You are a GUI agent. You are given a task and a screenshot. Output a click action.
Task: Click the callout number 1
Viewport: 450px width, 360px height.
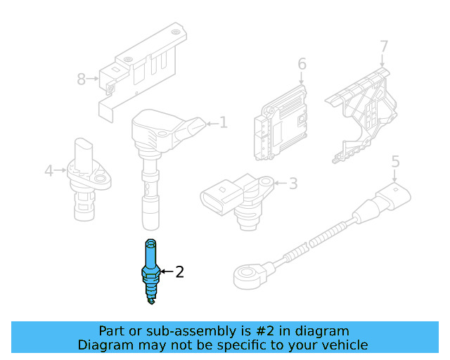[x=224, y=123]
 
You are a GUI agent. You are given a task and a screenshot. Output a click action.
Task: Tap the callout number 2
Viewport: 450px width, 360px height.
[x=179, y=271]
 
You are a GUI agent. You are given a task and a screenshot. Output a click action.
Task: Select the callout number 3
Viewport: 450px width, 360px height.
[x=293, y=184]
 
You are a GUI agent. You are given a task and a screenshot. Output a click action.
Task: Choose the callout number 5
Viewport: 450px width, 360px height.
[x=395, y=162]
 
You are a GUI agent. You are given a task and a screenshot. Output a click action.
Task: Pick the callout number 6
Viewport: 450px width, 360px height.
[x=302, y=64]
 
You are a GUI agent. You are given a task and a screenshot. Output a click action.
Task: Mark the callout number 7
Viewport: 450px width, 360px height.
[x=384, y=46]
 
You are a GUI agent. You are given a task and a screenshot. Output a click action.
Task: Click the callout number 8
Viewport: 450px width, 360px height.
[x=81, y=79]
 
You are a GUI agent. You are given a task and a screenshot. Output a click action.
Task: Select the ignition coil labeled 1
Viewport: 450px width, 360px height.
[x=156, y=141]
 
